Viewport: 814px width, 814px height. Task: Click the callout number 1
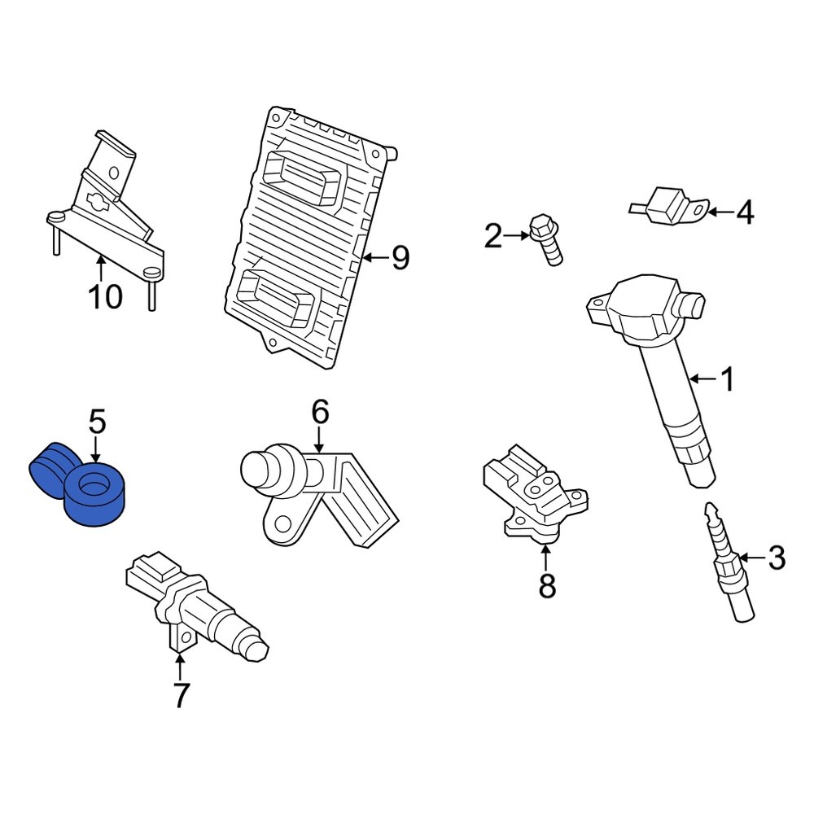pos(727,379)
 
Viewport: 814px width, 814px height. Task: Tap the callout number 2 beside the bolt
pos(493,237)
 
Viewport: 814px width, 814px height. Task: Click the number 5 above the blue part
pos(96,422)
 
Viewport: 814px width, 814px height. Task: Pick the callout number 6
pos(319,412)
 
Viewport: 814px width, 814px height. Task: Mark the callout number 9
pos(399,258)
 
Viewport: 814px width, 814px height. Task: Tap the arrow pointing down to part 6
pos(319,440)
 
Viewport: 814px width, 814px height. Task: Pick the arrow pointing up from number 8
pos(546,558)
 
